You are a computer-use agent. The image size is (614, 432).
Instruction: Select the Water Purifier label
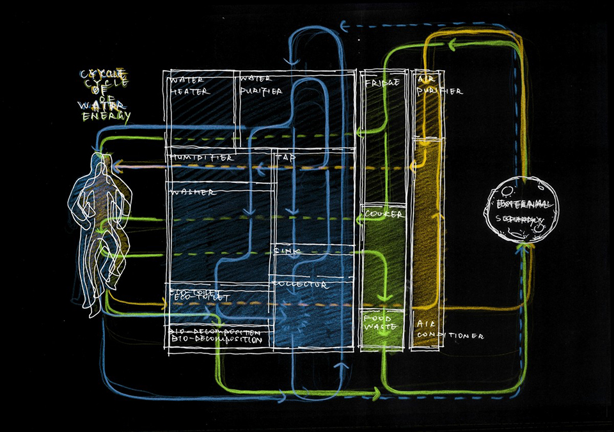click(260, 86)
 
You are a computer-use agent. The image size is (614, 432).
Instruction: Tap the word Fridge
click(382, 83)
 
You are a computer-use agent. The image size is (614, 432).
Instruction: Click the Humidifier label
click(201, 157)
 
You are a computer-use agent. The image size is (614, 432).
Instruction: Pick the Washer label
click(193, 192)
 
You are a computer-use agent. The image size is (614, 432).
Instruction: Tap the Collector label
click(301, 283)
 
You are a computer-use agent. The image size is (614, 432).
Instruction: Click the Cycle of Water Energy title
click(106, 96)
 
